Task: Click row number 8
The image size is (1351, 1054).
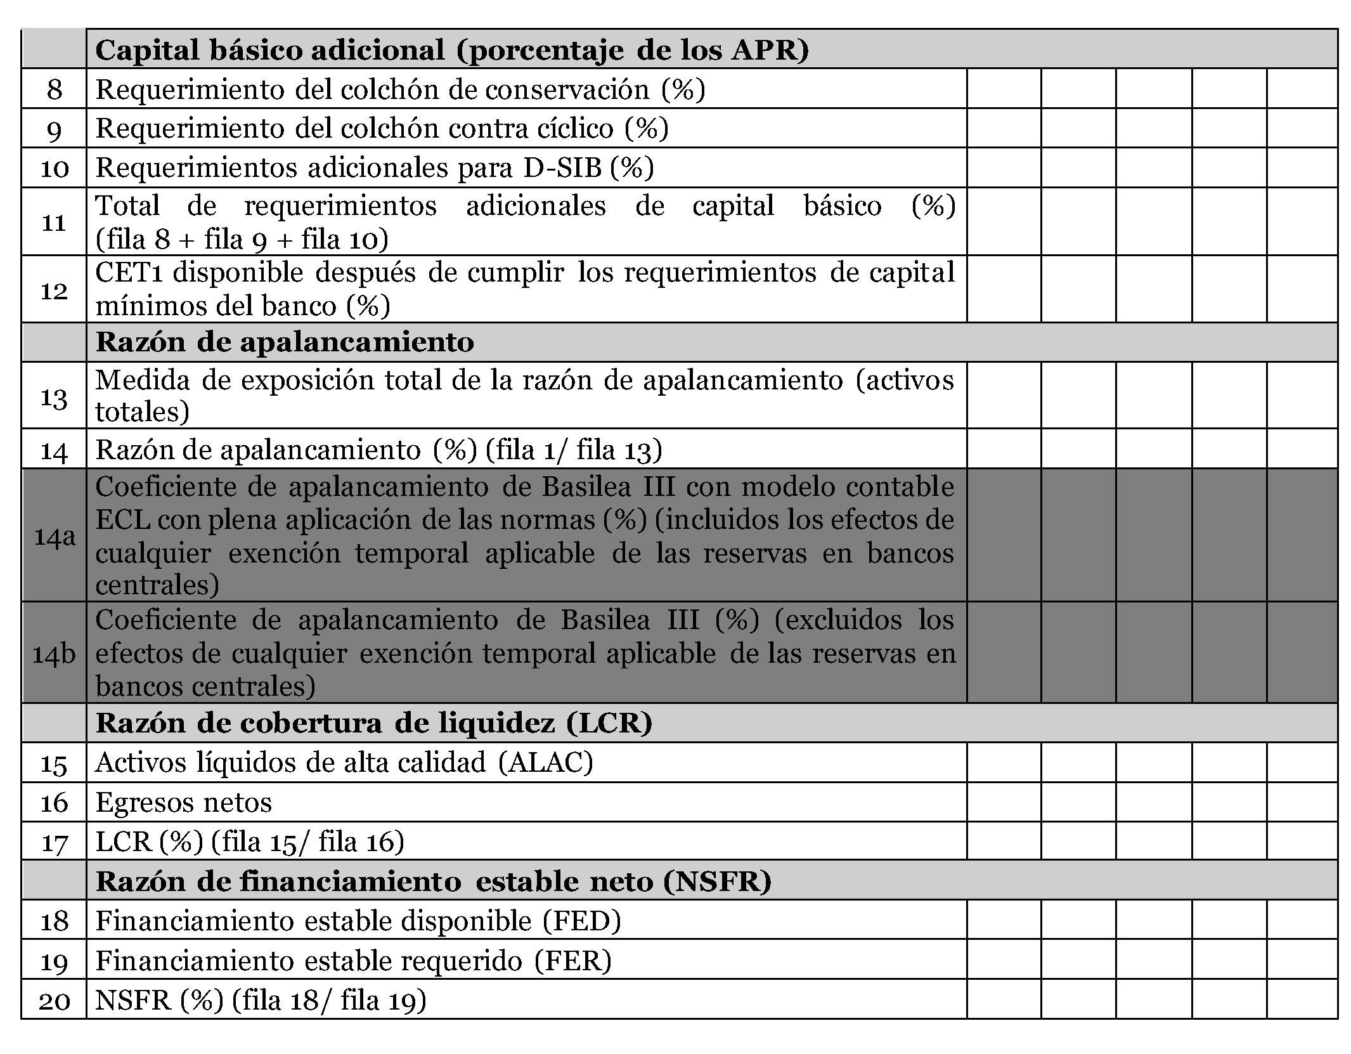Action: [x=54, y=89]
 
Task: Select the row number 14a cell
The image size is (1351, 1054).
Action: [x=54, y=536]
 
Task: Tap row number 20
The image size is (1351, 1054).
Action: [x=54, y=1001]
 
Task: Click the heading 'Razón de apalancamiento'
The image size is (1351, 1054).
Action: [x=285, y=342]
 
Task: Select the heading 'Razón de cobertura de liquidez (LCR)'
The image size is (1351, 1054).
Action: [x=374, y=723]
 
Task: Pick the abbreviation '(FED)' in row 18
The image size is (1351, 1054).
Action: [x=582, y=920]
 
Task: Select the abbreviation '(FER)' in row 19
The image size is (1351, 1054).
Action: [x=572, y=961]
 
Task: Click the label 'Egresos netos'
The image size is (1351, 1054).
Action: [x=184, y=802]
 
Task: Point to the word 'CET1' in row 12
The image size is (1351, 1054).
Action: [x=130, y=273]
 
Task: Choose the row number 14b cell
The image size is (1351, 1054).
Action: [x=54, y=653]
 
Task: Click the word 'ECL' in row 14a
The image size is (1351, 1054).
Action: [x=122, y=520]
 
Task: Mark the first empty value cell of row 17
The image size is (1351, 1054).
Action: [x=1004, y=842]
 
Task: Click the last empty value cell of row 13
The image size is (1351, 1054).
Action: [x=1302, y=396]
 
